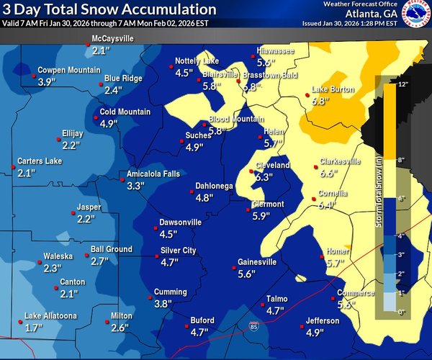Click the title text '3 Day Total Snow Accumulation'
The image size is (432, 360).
coord(109,9)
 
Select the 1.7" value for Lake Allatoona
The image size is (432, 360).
coord(33,328)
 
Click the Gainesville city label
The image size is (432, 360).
coord(257,262)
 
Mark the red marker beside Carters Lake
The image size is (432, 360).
coord(12,168)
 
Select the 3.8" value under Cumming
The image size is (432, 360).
coord(164,305)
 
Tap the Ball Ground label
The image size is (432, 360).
coord(111,250)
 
